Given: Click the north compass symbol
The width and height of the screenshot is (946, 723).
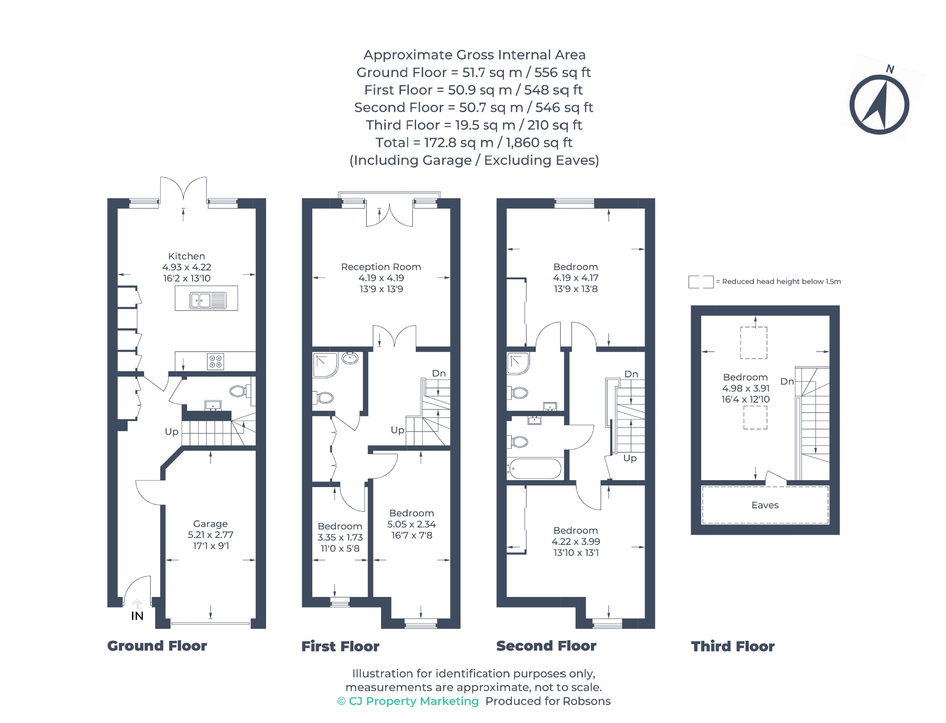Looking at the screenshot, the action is click(879, 105).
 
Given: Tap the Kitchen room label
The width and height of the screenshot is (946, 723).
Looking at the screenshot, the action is click(187, 256).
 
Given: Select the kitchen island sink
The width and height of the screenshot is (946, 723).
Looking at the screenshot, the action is click(208, 301).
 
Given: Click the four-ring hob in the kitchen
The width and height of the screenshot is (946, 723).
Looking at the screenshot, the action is click(216, 361).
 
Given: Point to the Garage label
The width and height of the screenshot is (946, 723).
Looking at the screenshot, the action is click(210, 524).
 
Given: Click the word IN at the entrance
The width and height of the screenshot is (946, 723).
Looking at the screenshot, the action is click(137, 616).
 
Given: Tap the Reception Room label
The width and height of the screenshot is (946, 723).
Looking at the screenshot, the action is click(381, 267).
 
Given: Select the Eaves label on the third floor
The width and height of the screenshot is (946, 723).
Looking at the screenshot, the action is click(765, 505).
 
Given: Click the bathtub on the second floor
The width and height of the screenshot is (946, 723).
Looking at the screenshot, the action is click(534, 469).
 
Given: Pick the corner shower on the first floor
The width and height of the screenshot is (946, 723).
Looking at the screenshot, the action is click(325, 365).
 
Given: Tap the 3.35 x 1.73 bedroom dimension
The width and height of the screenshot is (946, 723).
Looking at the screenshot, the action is click(340, 537).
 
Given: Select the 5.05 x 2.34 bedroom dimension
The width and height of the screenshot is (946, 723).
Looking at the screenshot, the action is click(412, 524).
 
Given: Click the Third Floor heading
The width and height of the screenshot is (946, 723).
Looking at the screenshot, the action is click(733, 646).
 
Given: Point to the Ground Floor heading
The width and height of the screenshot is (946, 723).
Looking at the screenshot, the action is click(157, 646).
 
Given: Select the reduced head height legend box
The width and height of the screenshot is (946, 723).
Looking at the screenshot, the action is click(701, 282).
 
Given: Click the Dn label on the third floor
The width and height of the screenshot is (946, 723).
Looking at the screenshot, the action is click(787, 381).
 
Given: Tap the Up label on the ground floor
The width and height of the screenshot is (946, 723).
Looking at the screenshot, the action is click(172, 432).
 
